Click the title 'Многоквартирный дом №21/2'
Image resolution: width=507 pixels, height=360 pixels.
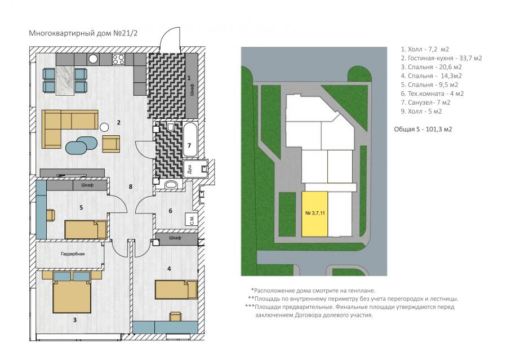83,33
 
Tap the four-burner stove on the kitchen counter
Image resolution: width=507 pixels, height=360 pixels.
118,59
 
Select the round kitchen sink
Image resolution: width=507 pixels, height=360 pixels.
94,59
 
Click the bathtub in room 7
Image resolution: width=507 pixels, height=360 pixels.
189,139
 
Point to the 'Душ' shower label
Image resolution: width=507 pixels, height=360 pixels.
189,168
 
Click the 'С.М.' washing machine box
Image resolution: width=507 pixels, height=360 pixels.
192,220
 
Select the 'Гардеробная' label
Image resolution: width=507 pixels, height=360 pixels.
73,254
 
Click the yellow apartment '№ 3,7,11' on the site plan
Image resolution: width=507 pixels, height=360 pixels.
314,214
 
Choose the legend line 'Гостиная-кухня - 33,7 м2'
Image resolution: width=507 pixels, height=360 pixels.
441,58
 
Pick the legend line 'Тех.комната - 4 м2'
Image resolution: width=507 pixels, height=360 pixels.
432,94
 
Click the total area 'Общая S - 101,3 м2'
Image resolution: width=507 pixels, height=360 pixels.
423,130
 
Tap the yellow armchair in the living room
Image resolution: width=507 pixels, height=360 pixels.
111,144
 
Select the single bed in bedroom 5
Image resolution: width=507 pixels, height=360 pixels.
86,230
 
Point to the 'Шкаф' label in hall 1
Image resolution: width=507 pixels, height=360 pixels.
192,89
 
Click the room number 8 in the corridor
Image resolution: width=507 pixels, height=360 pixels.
130,186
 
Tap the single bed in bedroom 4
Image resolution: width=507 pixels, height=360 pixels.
176,290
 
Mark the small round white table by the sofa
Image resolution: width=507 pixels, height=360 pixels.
104,127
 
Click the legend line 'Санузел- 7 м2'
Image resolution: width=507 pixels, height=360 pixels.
425,103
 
